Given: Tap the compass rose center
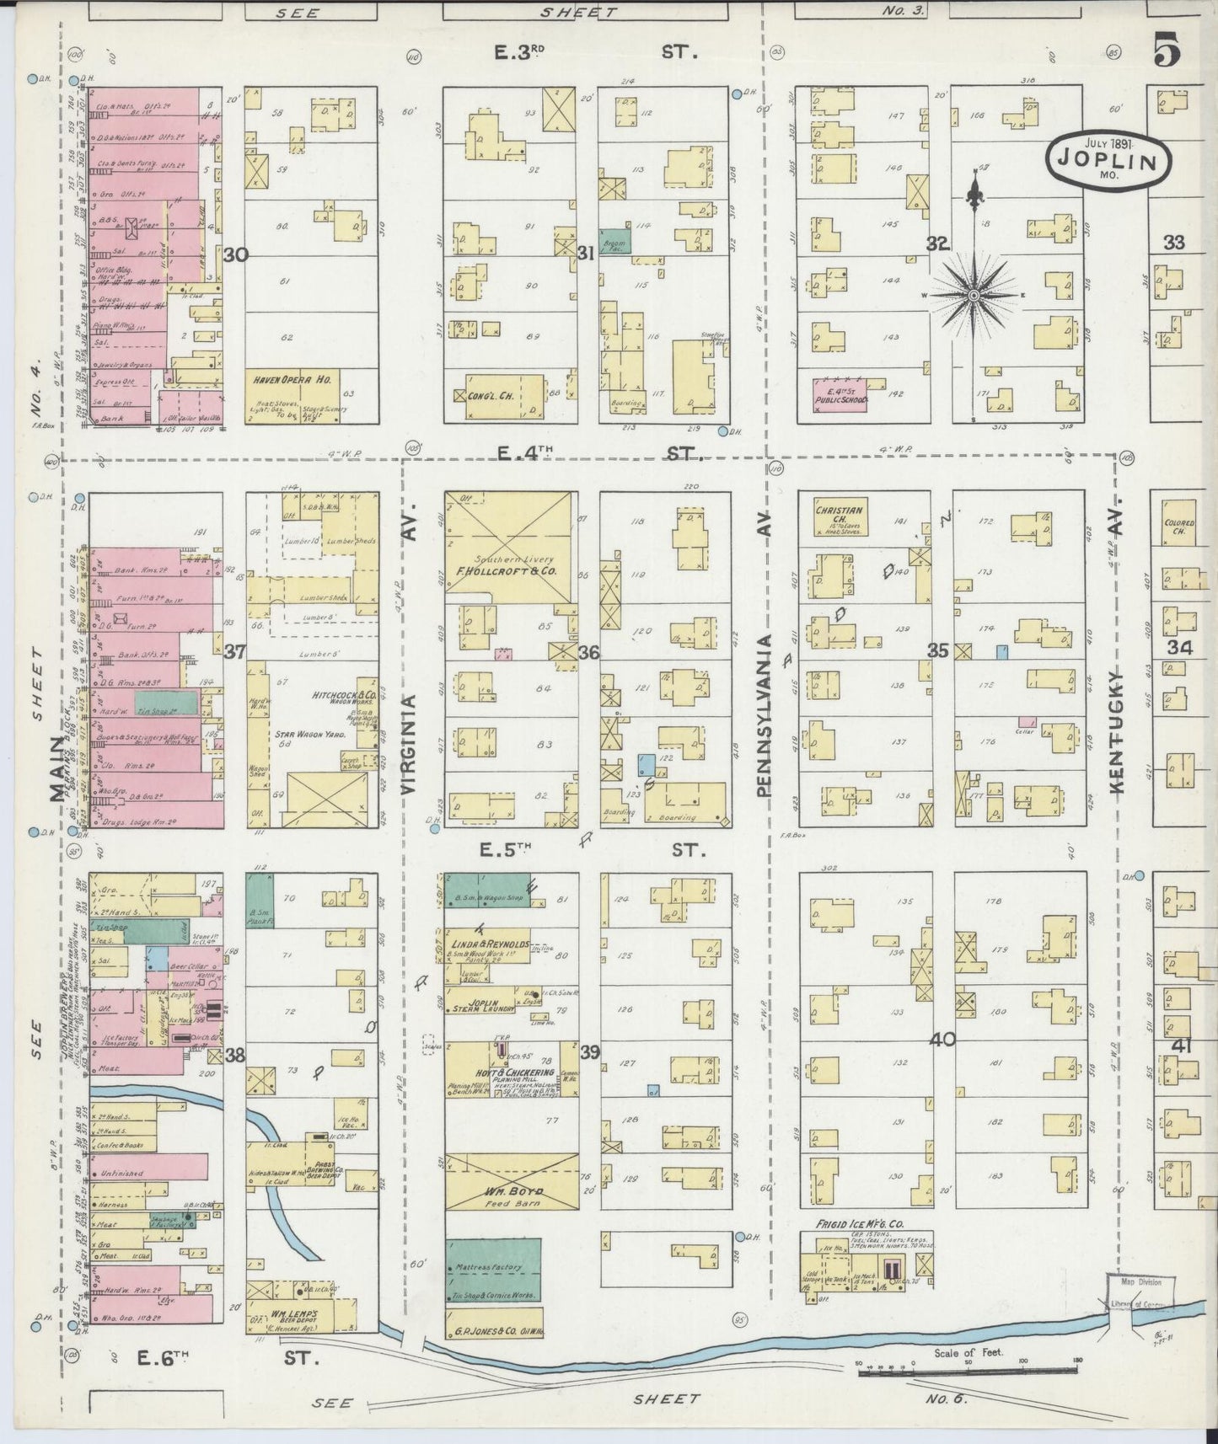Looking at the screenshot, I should click(974, 295).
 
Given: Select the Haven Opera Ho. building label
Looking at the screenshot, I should click(292, 381).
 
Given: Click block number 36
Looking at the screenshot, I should click(588, 652).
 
